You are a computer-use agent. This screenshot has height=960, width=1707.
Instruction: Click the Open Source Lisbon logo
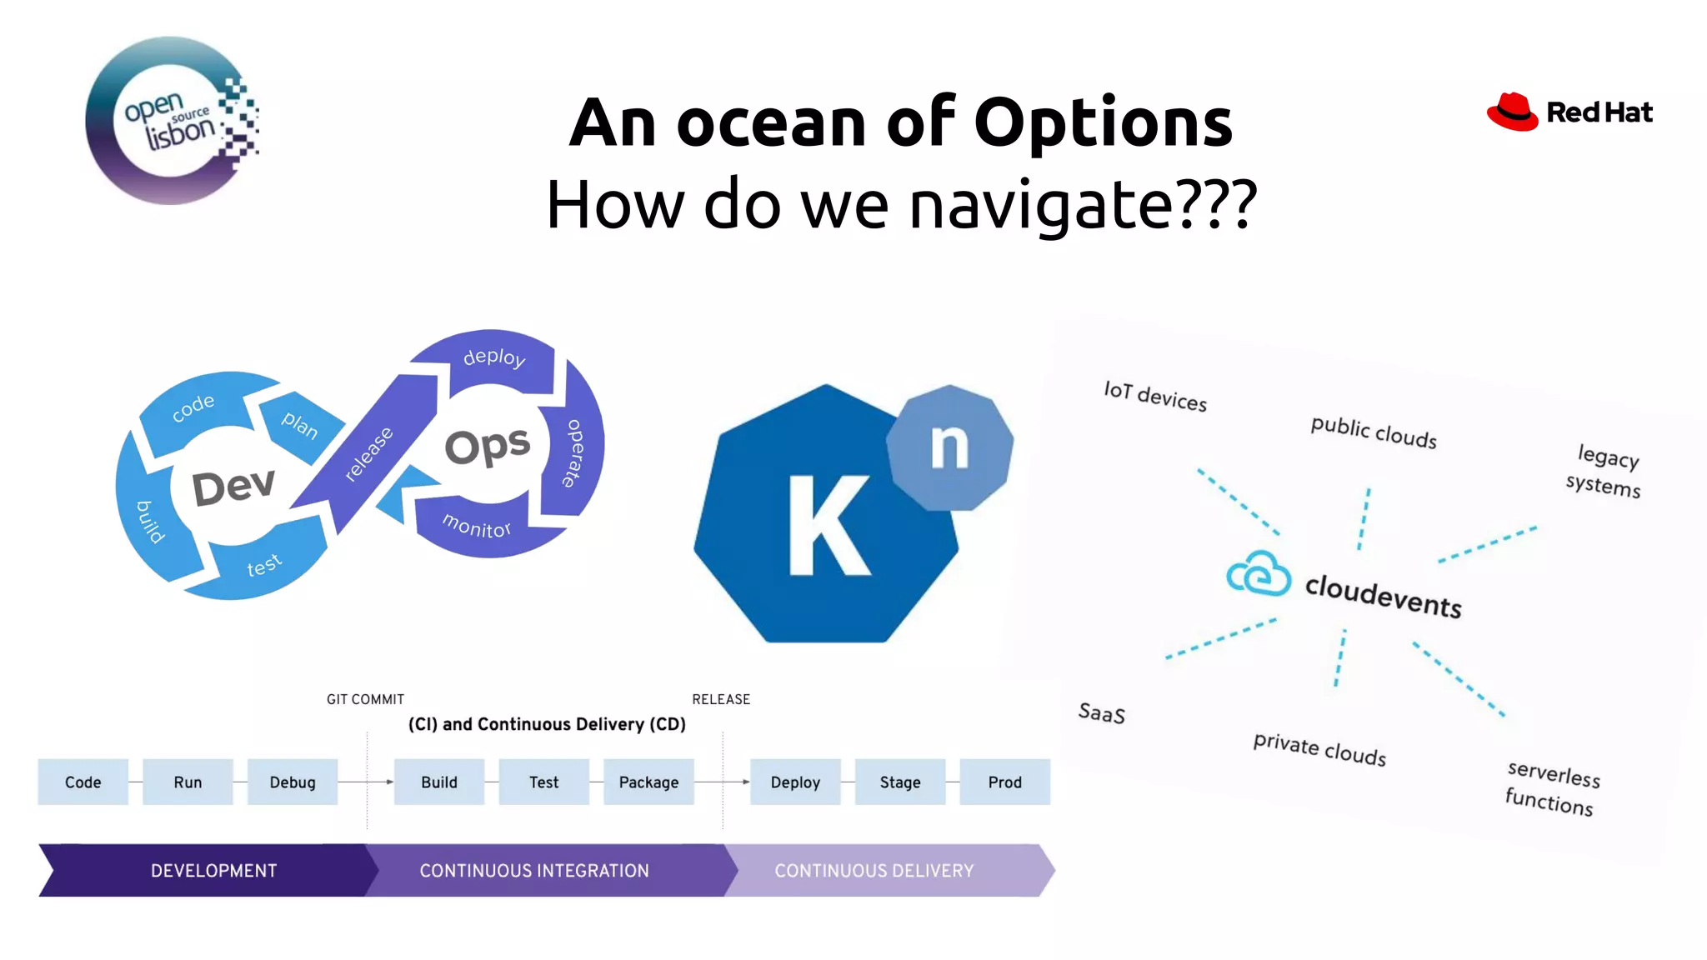point(172,121)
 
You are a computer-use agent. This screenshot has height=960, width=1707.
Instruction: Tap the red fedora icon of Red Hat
point(1512,112)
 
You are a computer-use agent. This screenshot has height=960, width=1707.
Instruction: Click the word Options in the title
point(1103,123)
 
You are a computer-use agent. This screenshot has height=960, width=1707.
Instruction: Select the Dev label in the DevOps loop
point(233,487)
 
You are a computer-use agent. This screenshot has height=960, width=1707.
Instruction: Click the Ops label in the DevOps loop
point(487,446)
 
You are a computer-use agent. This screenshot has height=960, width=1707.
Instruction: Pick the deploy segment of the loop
point(494,358)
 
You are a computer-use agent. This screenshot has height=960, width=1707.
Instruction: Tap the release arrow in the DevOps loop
point(368,454)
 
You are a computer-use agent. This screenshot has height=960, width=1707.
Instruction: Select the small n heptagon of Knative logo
point(949,447)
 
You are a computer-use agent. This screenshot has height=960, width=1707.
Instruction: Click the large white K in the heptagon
point(828,526)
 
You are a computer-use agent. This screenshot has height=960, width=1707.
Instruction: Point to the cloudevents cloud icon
point(1259,574)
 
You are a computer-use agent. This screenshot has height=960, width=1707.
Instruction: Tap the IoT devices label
point(1155,396)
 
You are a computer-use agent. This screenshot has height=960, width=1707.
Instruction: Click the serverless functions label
point(1552,787)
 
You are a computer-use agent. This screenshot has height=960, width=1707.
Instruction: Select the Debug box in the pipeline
point(293,782)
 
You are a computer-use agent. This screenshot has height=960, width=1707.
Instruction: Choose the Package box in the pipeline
point(648,782)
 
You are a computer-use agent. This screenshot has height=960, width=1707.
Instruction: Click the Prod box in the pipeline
point(1004,782)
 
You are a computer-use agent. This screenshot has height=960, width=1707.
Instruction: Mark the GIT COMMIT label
point(365,700)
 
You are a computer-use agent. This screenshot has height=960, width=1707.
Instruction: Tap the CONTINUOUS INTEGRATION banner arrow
point(534,871)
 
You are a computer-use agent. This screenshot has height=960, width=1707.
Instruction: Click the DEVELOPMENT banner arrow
point(213,871)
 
